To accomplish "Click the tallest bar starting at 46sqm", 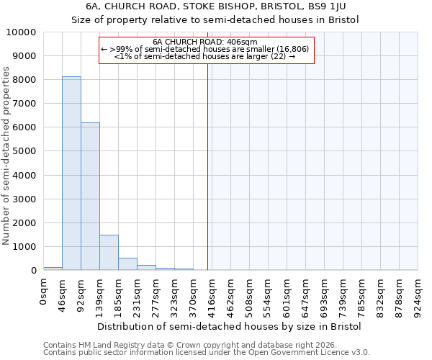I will point(71,173).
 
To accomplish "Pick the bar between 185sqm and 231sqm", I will point(127,264).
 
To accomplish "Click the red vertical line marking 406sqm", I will point(208,166).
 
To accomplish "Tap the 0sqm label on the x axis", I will point(44,292).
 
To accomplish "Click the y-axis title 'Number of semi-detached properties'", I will point(6,156).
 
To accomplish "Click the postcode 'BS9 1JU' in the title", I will point(328,6).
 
